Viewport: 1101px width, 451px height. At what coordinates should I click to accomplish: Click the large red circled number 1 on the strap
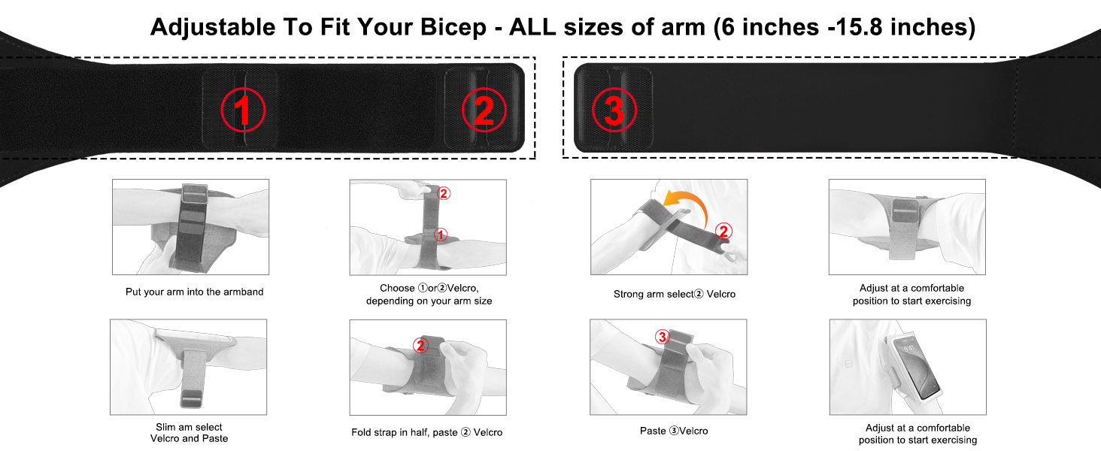tap(243, 110)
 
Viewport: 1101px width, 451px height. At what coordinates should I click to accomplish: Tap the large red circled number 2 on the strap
tap(484, 110)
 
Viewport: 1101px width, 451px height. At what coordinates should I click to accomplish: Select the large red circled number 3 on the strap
tap(614, 110)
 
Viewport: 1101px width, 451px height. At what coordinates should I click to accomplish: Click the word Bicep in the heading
tap(453, 28)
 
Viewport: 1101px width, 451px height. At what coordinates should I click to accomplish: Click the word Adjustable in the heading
tap(212, 28)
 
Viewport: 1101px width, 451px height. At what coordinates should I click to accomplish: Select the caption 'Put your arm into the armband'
tap(194, 292)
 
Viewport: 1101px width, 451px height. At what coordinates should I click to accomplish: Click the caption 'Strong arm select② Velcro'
tap(675, 294)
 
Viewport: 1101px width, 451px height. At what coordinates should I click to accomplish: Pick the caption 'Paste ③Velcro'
tap(674, 431)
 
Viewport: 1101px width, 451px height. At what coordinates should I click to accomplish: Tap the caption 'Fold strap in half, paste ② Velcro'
tap(426, 432)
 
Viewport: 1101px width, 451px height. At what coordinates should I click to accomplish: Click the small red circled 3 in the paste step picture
tap(662, 337)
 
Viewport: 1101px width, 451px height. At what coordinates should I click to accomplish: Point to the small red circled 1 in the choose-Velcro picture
tap(441, 235)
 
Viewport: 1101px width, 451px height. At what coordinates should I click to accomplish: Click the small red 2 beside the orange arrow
tap(723, 231)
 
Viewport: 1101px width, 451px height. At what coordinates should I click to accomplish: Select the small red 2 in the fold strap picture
tap(420, 345)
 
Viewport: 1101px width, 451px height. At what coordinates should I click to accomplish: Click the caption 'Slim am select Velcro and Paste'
tap(190, 433)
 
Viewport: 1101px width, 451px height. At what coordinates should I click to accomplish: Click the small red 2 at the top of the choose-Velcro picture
tap(444, 193)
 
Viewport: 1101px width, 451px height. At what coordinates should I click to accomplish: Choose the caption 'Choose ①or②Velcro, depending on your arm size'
tap(429, 295)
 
